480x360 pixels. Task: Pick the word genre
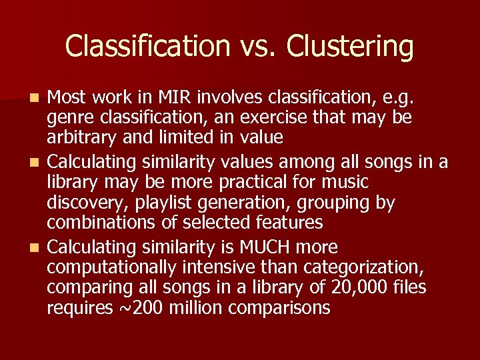coord(69,119)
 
